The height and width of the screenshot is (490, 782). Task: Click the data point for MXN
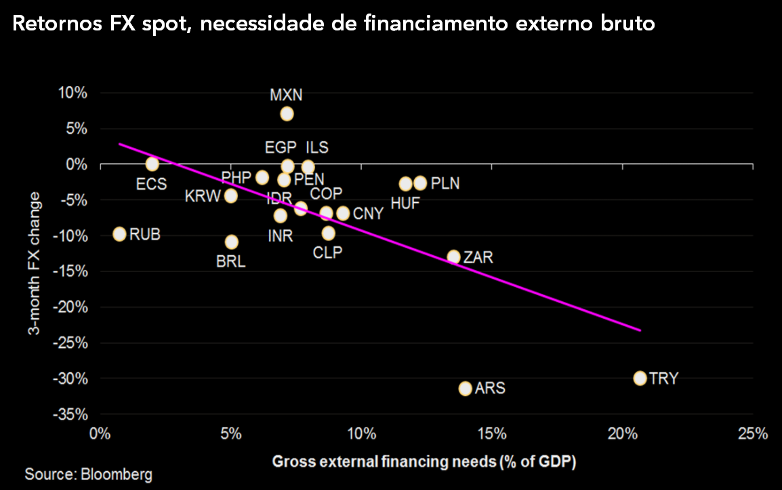pyautogui.click(x=287, y=114)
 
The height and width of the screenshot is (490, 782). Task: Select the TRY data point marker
pyautogui.click(x=640, y=378)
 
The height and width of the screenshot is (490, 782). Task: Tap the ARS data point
pyautogui.click(x=465, y=388)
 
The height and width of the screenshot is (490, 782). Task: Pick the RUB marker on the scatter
pyautogui.click(x=120, y=234)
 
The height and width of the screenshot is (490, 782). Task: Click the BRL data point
pyautogui.click(x=232, y=242)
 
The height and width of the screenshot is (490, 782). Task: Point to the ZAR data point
pyautogui.click(x=453, y=257)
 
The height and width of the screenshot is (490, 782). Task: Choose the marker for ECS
pyautogui.click(x=152, y=164)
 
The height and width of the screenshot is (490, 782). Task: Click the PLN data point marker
pyautogui.click(x=420, y=183)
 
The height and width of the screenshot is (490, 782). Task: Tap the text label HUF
pyautogui.click(x=405, y=203)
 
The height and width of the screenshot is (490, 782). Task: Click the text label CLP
pyautogui.click(x=328, y=252)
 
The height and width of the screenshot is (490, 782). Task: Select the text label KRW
pyautogui.click(x=203, y=197)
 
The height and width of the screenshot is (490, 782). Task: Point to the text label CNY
pyautogui.click(x=369, y=214)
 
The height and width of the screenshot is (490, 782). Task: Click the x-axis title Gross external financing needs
pyautogui.click(x=424, y=462)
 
